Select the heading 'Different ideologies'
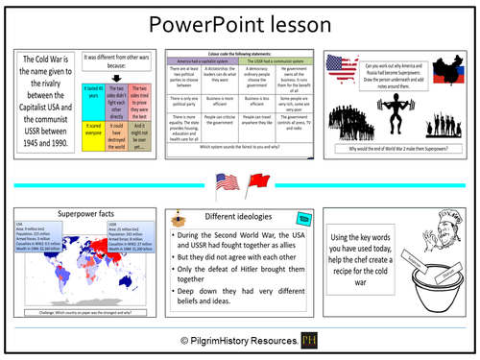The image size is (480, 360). point(222,216)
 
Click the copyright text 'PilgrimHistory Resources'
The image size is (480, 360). point(241,341)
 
